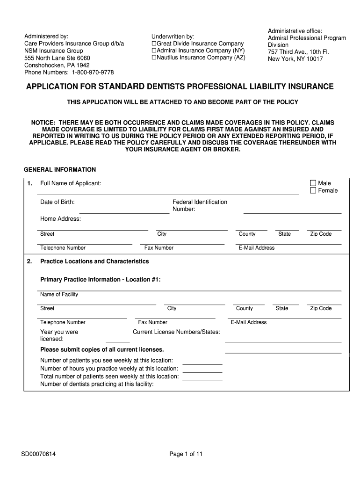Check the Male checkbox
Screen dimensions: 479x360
pos(313,183)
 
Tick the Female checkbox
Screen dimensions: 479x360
pos(313,190)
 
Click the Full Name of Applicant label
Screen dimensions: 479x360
pos(71,183)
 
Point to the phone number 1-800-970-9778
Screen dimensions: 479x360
pos(93,73)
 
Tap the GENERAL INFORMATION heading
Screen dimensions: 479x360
pos(59,169)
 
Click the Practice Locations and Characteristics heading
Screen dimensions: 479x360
pos(94,261)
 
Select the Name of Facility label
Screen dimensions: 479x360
pos(59,294)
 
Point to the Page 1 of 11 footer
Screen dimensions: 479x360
pos(186,454)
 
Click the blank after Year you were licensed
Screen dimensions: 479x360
pos(118,339)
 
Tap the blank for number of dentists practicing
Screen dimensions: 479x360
pos(202,385)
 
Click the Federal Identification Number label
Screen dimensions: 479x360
pos(200,205)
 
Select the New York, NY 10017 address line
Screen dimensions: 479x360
pos(295,59)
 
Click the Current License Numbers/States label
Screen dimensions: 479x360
pos(176,332)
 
